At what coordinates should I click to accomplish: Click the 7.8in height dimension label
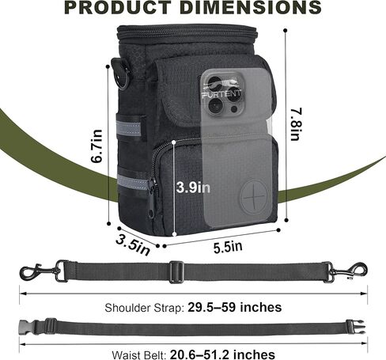(x=295, y=124)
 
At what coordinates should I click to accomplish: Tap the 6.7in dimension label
(x=96, y=146)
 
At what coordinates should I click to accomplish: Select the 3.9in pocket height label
(x=193, y=188)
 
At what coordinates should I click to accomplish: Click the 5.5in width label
(x=228, y=247)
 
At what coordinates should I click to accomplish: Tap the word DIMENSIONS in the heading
(x=251, y=8)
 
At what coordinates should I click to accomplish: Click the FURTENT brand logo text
(x=221, y=93)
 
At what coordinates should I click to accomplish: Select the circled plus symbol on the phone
(x=254, y=196)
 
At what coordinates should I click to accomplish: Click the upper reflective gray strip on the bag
(x=130, y=128)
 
